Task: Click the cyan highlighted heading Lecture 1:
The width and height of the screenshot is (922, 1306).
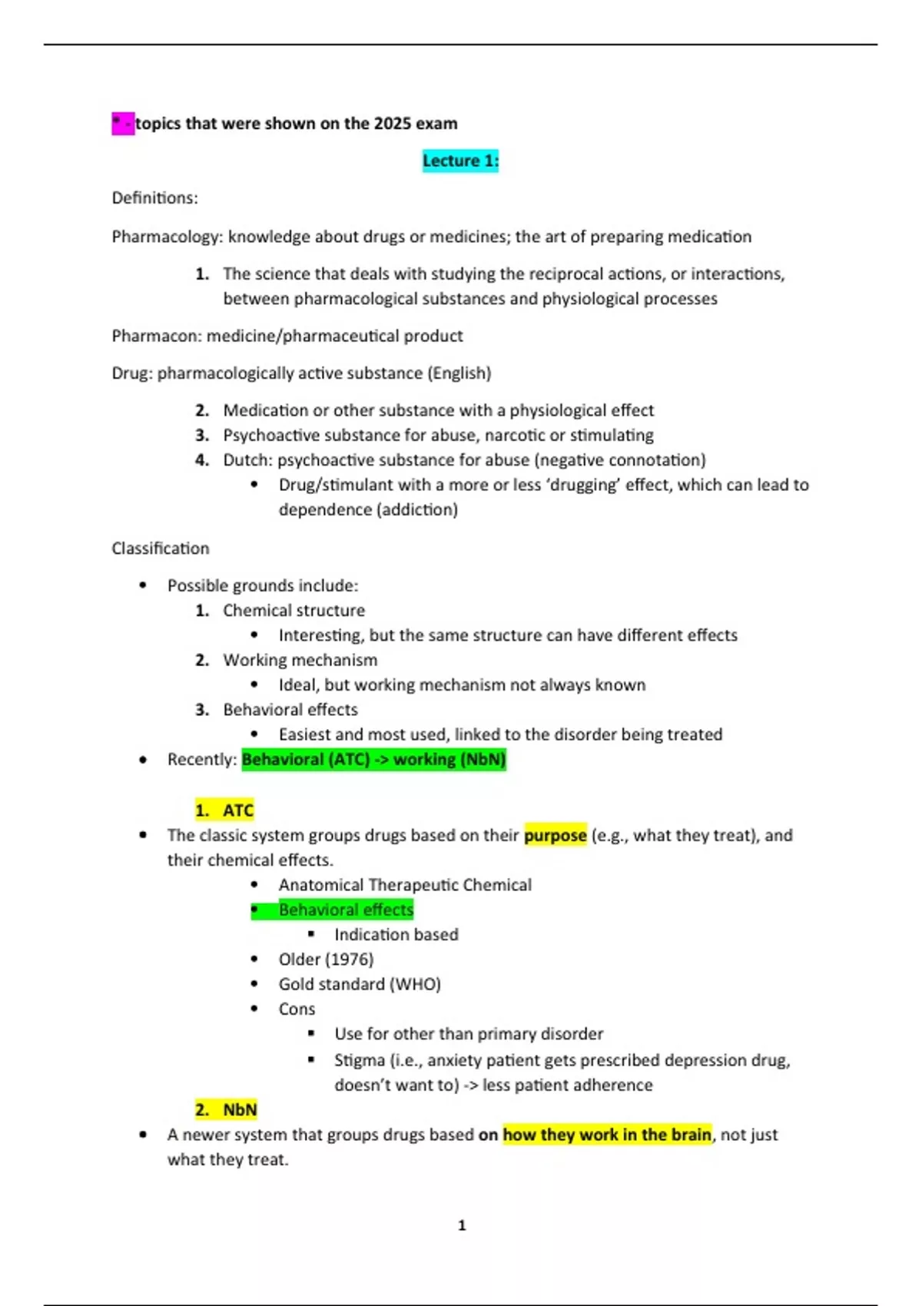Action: pos(460,161)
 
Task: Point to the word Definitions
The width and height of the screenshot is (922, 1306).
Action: pos(153,198)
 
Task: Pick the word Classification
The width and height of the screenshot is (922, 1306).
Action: pos(160,549)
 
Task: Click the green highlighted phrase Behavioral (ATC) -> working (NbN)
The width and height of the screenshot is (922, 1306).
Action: pos(373,760)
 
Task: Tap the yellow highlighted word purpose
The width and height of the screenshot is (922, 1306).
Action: pos(555,835)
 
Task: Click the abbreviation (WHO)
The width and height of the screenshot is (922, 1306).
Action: pos(415,984)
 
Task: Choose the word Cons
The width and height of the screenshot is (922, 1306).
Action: pos(297,1009)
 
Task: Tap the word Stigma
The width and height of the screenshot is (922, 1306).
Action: pos(360,1060)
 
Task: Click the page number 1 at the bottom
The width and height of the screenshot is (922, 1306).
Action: pos(462,1225)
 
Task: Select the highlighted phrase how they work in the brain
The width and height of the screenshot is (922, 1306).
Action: pos(606,1135)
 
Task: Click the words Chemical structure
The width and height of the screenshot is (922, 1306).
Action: pos(294,611)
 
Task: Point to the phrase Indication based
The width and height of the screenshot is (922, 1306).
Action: pos(396,935)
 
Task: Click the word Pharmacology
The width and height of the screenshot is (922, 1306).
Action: pos(166,237)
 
